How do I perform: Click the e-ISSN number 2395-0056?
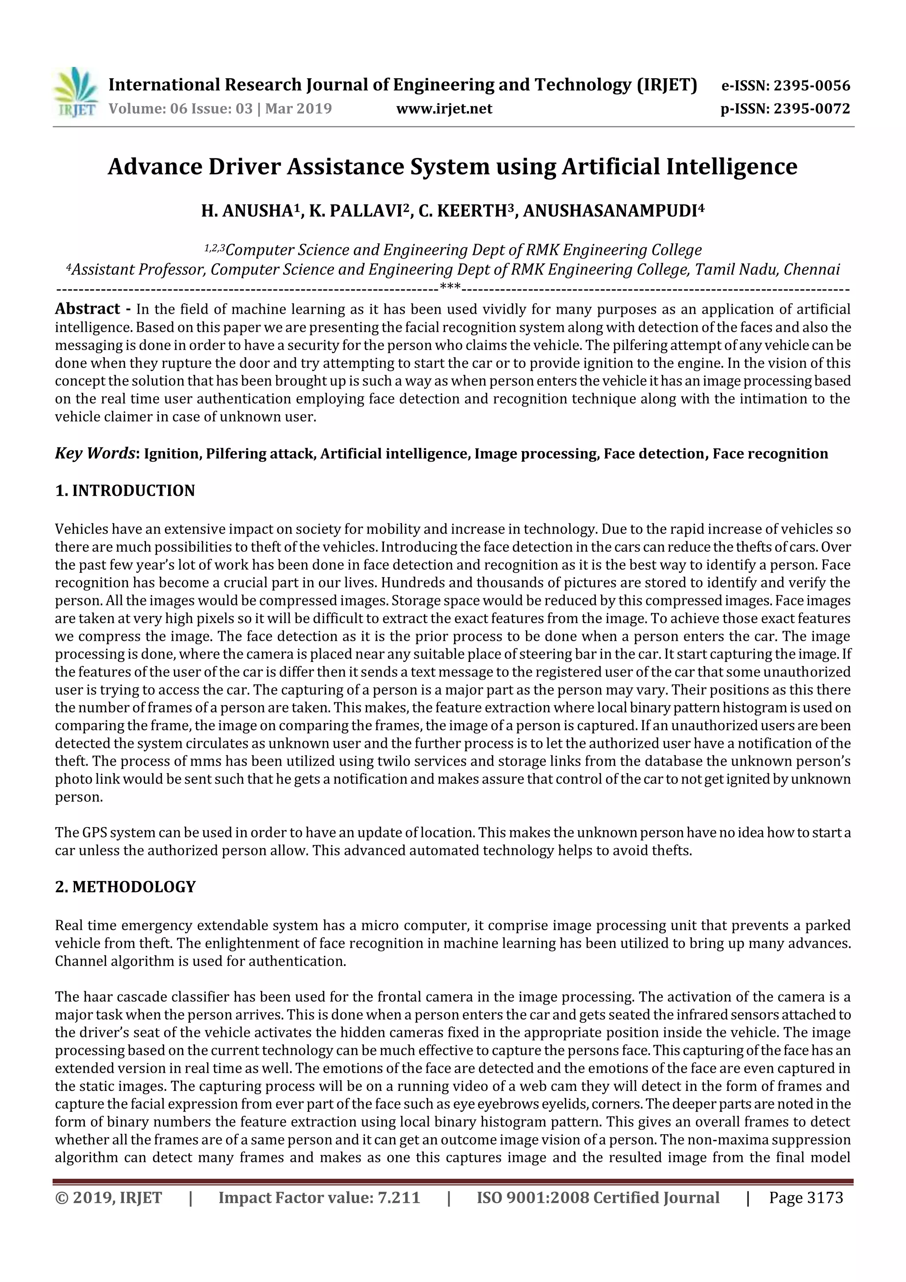[811, 85]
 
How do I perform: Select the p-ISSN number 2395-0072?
[811, 108]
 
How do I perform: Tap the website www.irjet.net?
[444, 108]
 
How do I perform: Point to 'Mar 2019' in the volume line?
[298, 108]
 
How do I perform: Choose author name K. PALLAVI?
[356, 211]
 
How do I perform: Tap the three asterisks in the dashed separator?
[450, 288]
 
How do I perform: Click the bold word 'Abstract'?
[88, 309]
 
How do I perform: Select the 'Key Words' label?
[95, 453]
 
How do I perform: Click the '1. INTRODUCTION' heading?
[125, 490]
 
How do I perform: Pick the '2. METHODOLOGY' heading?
[125, 887]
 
